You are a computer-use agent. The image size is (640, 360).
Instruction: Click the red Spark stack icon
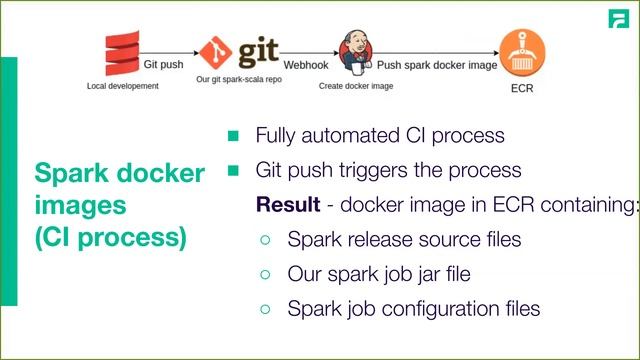[x=121, y=55]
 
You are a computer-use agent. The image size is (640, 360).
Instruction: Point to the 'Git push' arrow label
[x=163, y=62]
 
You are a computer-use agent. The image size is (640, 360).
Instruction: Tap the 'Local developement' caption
[x=122, y=87]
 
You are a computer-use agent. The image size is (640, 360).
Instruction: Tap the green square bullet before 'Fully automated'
[x=234, y=135]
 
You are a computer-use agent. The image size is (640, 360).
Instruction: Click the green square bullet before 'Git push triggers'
[x=234, y=170]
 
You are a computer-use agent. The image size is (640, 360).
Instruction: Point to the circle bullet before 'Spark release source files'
[x=265, y=241]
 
